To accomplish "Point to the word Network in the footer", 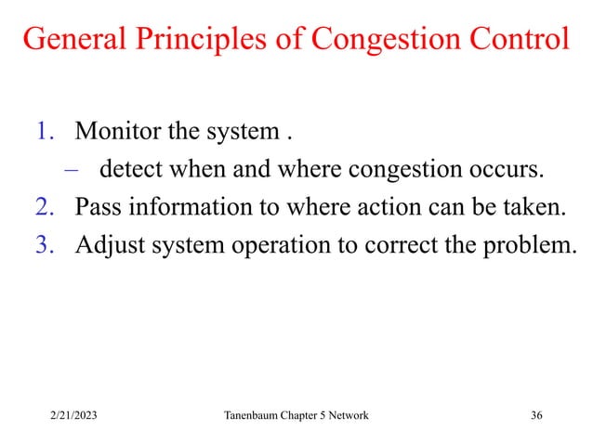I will (345, 414).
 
